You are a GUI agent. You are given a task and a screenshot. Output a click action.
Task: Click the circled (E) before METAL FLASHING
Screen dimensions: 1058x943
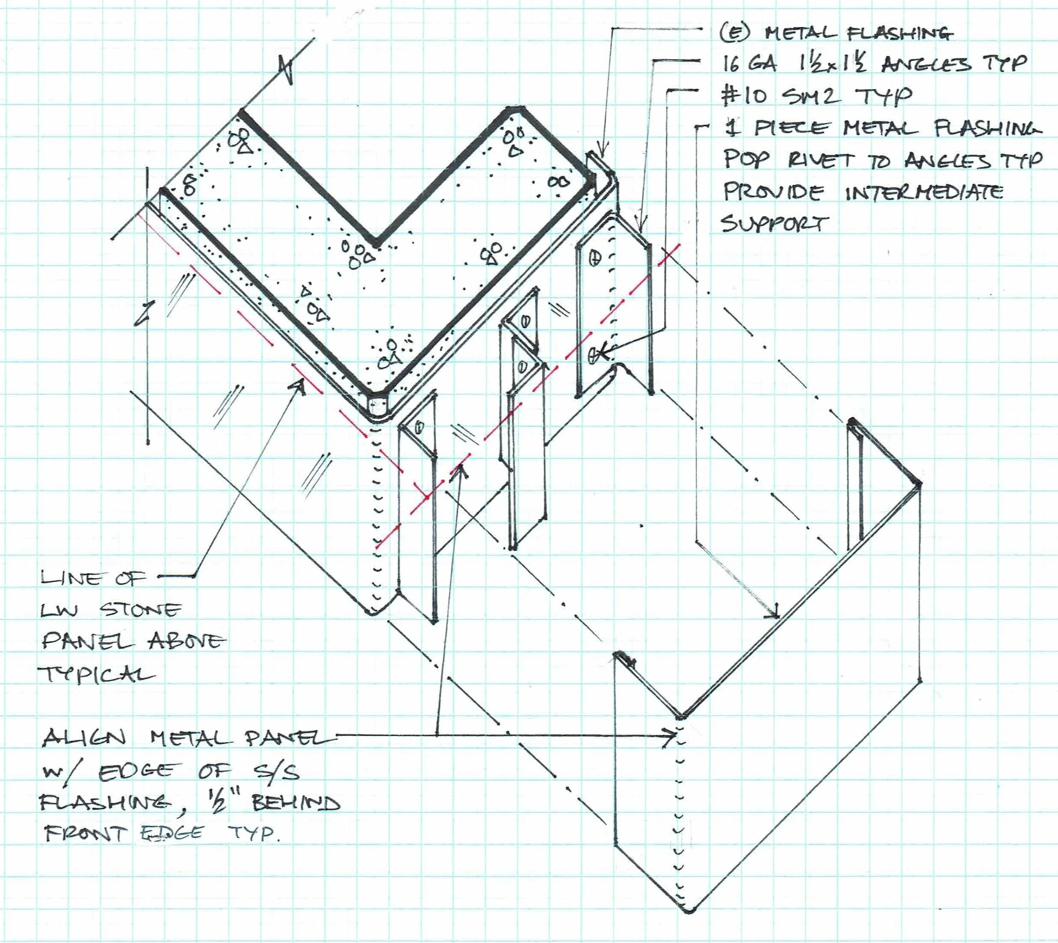(x=735, y=33)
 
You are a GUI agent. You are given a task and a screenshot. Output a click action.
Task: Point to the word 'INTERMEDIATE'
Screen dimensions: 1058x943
(x=924, y=192)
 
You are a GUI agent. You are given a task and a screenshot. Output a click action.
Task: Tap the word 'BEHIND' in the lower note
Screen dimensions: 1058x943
(x=296, y=802)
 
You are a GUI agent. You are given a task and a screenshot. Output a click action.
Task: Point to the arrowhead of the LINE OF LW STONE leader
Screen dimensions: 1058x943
(x=302, y=382)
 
